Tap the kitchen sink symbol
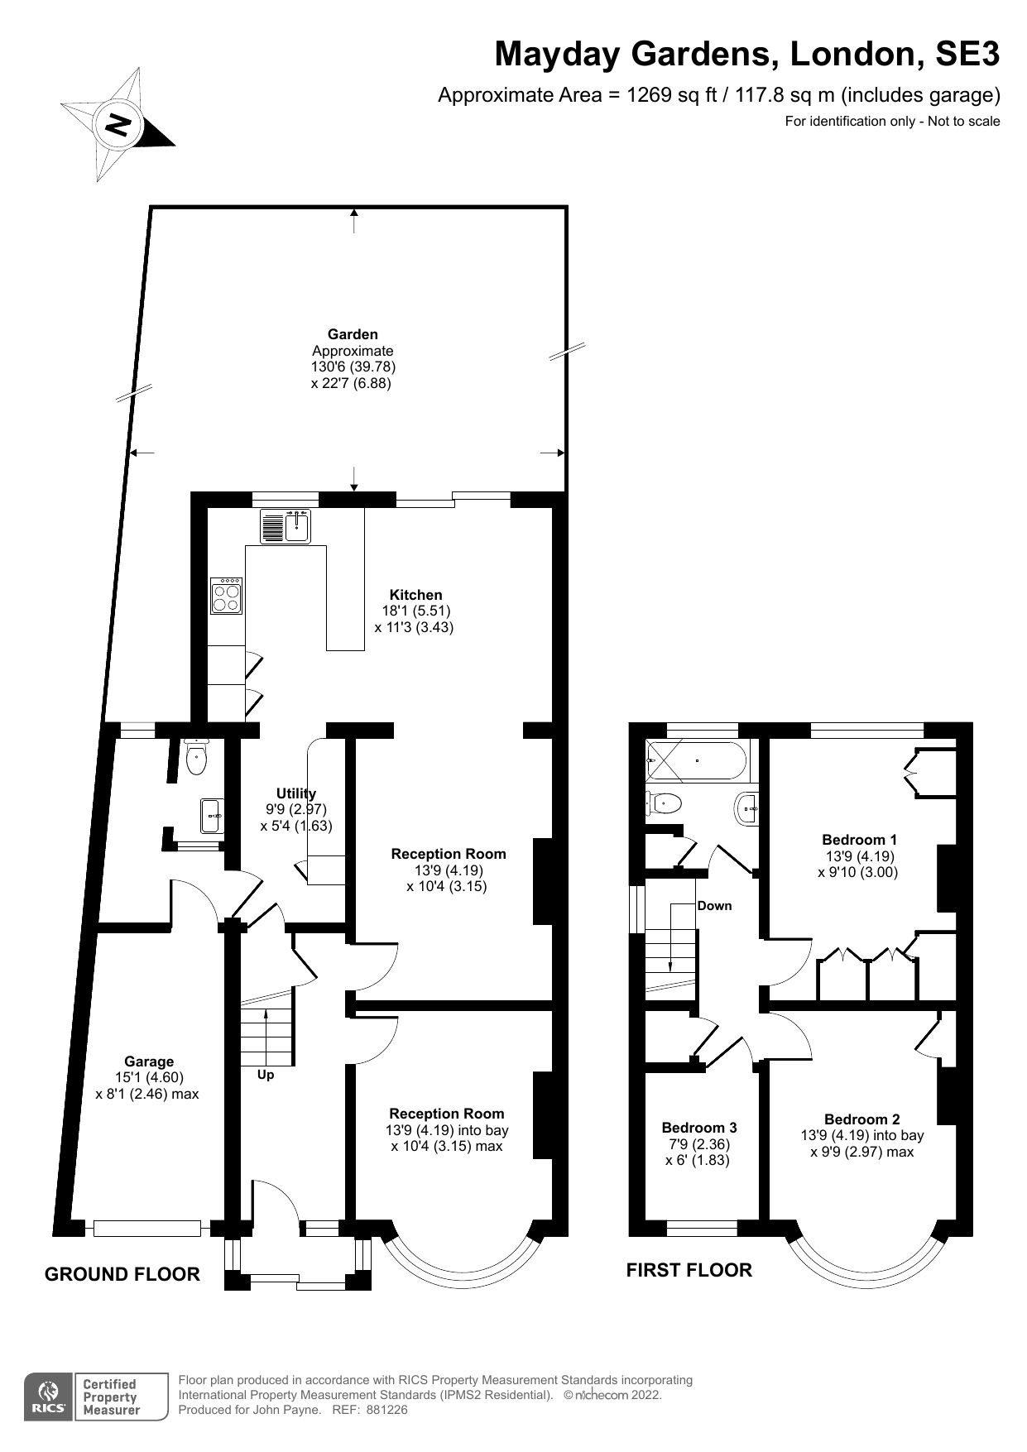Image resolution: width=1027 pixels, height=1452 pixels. coord(286,526)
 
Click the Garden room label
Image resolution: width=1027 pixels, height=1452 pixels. coord(353,334)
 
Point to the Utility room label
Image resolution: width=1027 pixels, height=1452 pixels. coord(295,793)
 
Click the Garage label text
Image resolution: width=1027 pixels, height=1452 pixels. coord(149,1061)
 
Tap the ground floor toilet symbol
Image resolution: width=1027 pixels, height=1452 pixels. coord(196,758)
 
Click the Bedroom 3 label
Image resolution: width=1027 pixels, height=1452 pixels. coord(698,1128)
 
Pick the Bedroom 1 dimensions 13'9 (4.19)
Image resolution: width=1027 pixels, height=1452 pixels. coord(860,856)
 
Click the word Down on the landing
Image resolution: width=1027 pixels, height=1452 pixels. coord(714,905)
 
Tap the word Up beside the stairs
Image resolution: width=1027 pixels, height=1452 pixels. coord(266,1075)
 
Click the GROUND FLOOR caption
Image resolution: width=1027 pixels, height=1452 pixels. coord(122,1274)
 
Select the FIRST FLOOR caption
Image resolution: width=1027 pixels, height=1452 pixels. coord(689,1270)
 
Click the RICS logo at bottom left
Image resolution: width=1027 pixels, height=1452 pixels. coord(49,1397)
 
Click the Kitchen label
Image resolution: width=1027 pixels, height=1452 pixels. coord(415,595)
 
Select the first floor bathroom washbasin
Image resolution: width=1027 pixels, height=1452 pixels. coord(747,806)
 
